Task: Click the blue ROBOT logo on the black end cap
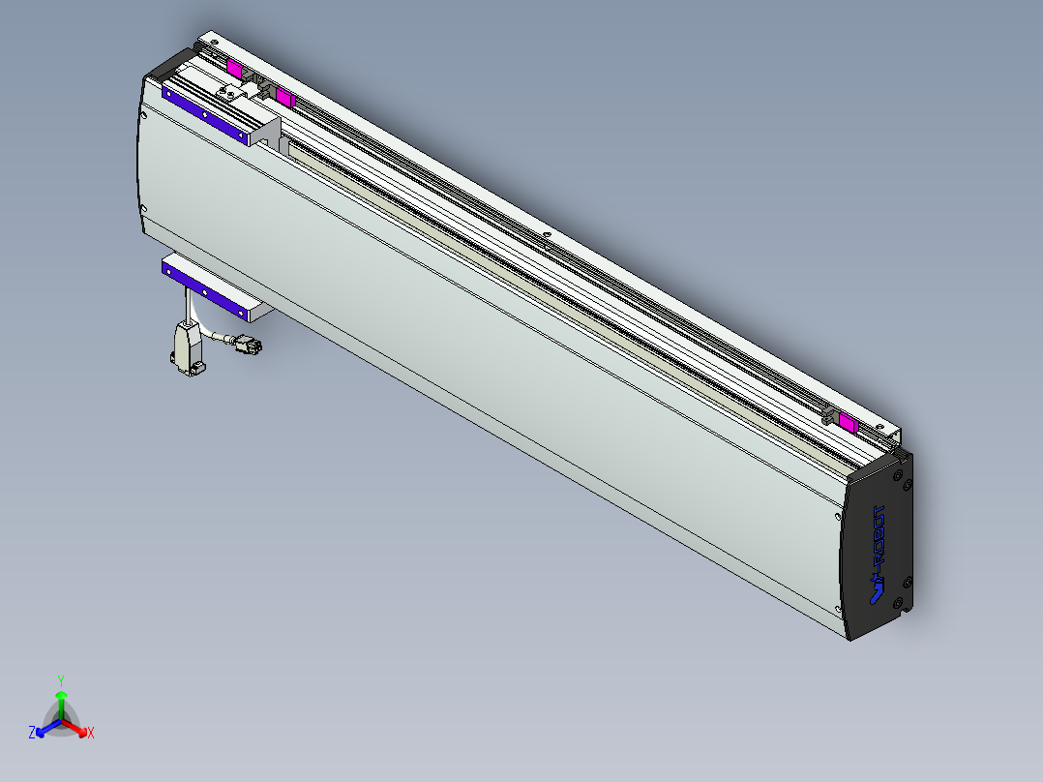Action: tap(878, 556)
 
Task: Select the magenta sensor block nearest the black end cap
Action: tap(849, 422)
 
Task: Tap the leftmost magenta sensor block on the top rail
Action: tap(234, 68)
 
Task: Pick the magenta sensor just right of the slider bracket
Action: tap(283, 96)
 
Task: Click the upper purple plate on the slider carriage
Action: tap(204, 113)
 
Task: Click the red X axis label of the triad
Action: tap(90, 734)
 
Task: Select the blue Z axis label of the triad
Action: tap(32, 733)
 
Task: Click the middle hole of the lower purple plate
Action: tap(205, 288)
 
